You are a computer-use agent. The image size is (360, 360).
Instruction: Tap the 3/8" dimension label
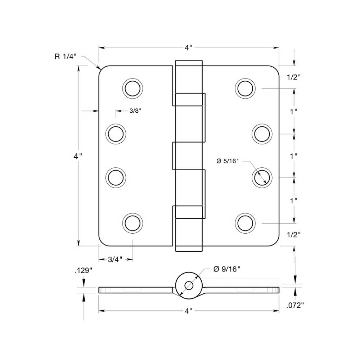pyautogui.click(x=135, y=111)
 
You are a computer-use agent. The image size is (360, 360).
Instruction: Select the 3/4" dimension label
pyautogui.click(x=116, y=259)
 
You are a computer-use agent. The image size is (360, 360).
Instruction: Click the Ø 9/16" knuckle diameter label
pyautogui.click(x=226, y=269)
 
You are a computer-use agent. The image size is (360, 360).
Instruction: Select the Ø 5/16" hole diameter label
pyautogui.click(x=228, y=161)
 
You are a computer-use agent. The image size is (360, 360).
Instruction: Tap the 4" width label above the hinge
pyautogui.click(x=189, y=48)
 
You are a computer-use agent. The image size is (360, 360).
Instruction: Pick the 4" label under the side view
pyautogui.click(x=189, y=310)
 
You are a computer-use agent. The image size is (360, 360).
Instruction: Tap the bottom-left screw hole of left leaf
pyautogui.click(x=132, y=223)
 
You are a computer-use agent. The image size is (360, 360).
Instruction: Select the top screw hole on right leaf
pyautogui.click(x=245, y=87)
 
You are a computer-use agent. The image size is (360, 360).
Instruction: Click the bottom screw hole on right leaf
pyautogui.click(x=245, y=223)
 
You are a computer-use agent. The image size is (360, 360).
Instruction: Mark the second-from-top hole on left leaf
pyautogui.click(x=116, y=134)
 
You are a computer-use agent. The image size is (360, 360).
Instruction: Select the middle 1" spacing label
pyautogui.click(x=294, y=156)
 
